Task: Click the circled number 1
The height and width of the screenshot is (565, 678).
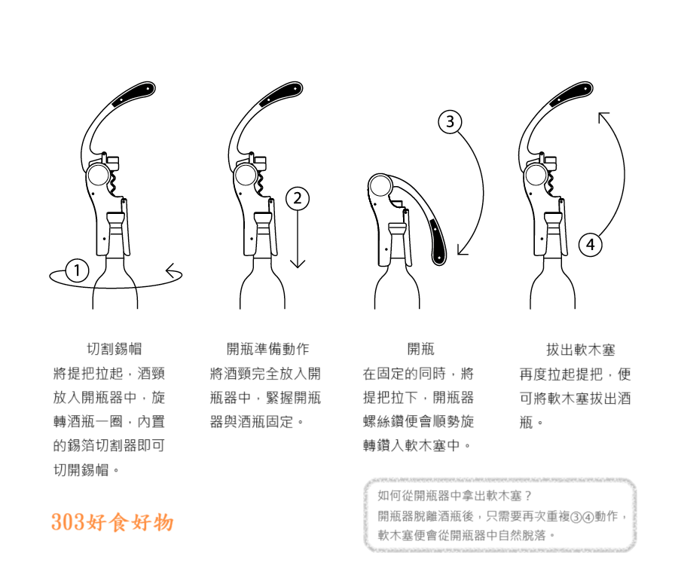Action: (76, 269)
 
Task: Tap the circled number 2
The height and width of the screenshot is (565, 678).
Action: (298, 199)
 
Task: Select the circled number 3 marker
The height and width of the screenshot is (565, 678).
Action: (450, 121)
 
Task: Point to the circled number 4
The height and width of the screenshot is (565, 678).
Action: (591, 244)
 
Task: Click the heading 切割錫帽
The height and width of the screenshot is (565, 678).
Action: (115, 350)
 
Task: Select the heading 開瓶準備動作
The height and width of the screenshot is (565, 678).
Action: (267, 350)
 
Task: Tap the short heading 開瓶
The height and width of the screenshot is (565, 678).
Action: (420, 350)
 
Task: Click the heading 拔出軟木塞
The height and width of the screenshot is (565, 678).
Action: (581, 350)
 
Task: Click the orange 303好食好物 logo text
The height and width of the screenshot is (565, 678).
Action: (112, 522)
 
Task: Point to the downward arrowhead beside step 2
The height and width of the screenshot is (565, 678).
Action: (298, 263)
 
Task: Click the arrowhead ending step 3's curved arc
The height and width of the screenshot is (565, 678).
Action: (461, 252)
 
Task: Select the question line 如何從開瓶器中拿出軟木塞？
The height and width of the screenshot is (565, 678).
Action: (455, 496)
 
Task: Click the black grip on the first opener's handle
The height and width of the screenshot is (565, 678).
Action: (133, 93)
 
